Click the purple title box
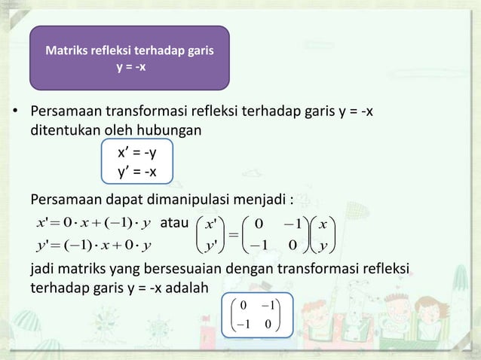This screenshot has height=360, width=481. point(129,57)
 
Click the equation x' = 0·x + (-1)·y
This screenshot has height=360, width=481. point(91,224)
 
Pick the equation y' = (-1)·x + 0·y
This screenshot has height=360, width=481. point(91,246)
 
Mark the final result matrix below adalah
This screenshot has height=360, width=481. point(256,316)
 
